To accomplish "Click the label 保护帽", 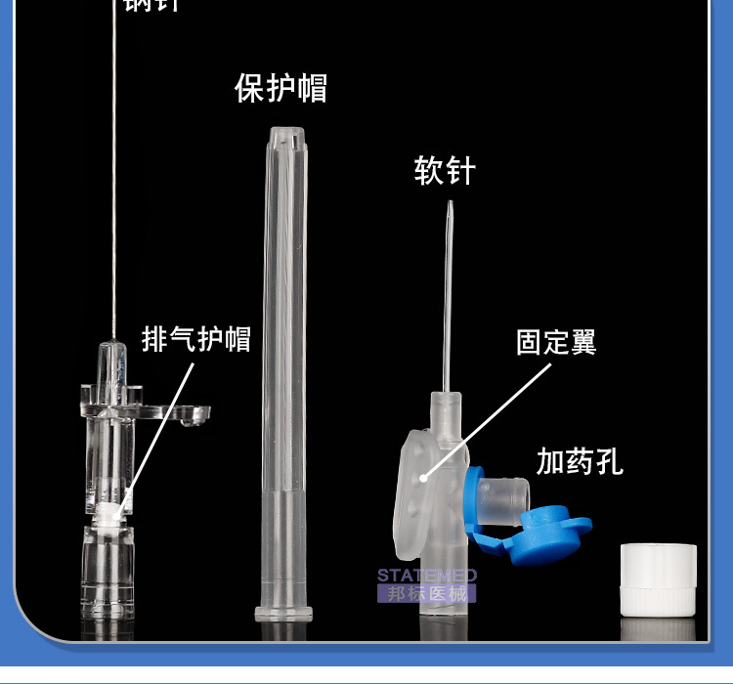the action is coord(280,88).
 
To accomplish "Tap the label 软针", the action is coord(445,171).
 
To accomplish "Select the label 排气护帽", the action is coord(196,339).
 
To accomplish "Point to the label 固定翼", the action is coord(556,342).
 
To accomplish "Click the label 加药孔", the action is coord(580,461).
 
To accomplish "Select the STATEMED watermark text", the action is coord(427,576).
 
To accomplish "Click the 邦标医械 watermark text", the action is coord(427,593).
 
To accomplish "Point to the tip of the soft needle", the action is coord(450,204).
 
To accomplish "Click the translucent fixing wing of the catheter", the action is coord(417,489).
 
